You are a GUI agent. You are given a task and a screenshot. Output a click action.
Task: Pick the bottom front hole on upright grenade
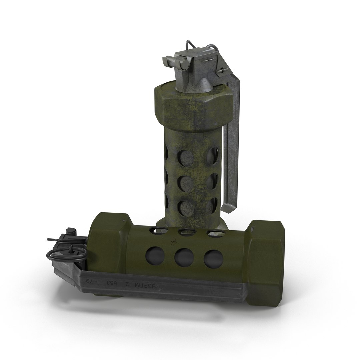183,208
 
